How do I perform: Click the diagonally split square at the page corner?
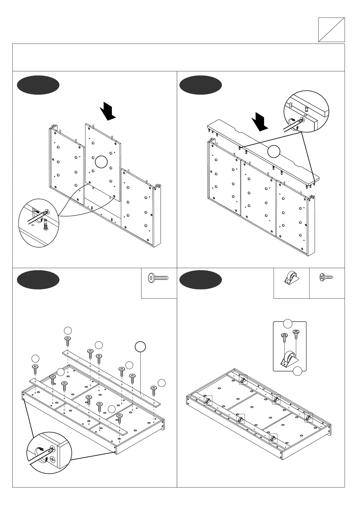tap(331, 30)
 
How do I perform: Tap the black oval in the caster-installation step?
tap(200, 280)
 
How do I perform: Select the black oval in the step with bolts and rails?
tap(38, 280)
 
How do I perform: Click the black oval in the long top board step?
tap(200, 85)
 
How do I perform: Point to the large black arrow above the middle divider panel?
tap(108, 111)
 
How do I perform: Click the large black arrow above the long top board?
tap(260, 122)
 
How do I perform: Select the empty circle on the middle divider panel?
tap(101, 162)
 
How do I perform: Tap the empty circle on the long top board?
tap(274, 151)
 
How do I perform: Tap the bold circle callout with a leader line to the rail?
tap(140, 347)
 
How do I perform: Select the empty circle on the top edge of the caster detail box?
tap(287, 323)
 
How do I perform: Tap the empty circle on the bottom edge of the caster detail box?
tap(297, 371)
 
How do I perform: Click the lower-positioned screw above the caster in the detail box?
tap(284, 337)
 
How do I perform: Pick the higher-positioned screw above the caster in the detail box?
tap(296, 334)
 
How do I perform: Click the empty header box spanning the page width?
tap(178, 57)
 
